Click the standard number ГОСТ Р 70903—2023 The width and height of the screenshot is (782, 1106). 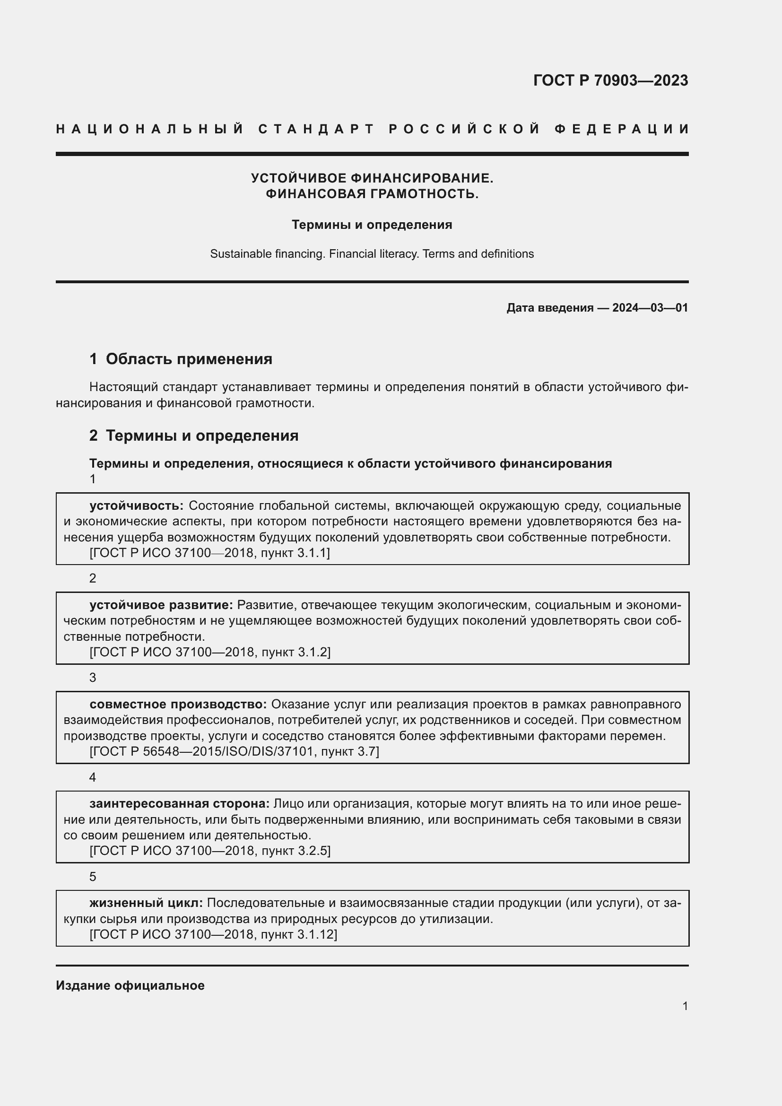610,80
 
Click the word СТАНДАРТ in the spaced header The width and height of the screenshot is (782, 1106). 316,129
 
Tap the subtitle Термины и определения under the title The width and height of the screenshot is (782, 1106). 372,225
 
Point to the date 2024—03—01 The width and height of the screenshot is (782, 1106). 650,308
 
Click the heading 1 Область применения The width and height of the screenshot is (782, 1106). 181,359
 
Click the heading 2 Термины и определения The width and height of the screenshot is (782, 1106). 193,435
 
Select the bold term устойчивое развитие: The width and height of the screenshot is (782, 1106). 161,605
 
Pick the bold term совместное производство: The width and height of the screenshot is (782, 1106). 178,704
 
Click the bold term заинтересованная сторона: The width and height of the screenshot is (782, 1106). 179,803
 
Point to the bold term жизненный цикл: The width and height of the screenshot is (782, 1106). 146,903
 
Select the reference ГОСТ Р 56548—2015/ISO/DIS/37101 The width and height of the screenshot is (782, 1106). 202,751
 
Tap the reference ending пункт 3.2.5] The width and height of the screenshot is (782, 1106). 295,851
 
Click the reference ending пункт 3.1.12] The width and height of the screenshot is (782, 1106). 298,934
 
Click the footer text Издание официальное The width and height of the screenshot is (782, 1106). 130,985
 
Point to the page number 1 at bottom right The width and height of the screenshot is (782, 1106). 685,1006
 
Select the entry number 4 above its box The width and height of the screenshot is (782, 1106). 93,777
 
